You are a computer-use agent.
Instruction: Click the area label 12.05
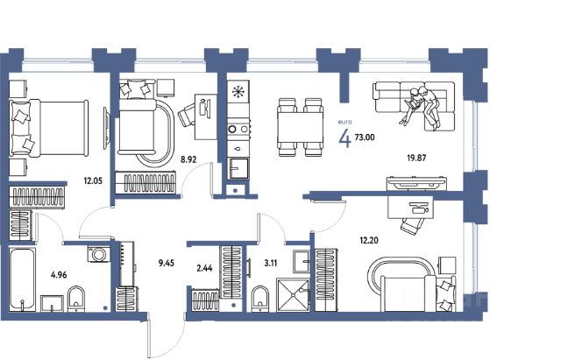(93, 181)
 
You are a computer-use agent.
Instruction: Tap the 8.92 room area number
(188, 159)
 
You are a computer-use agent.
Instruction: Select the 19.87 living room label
(417, 158)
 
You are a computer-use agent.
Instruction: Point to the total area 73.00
(365, 137)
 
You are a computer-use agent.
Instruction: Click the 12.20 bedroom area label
(369, 240)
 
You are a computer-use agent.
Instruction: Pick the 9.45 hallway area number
(167, 264)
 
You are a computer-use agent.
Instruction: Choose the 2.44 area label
(204, 268)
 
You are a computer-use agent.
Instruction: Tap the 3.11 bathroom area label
(271, 264)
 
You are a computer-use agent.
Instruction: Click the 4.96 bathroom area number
(59, 275)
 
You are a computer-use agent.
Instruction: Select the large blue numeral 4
(345, 138)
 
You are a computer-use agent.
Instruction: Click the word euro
(344, 122)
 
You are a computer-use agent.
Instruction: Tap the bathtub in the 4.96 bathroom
(22, 279)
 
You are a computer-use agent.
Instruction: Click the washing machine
(99, 254)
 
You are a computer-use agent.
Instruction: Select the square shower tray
(293, 294)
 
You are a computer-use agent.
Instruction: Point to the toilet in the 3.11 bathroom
(260, 298)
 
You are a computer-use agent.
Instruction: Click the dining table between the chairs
(301, 128)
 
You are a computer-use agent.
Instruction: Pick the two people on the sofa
(421, 106)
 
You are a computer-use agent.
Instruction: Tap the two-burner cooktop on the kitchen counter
(238, 129)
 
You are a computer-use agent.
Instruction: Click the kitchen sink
(238, 168)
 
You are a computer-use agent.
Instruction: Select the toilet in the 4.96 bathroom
(76, 299)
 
